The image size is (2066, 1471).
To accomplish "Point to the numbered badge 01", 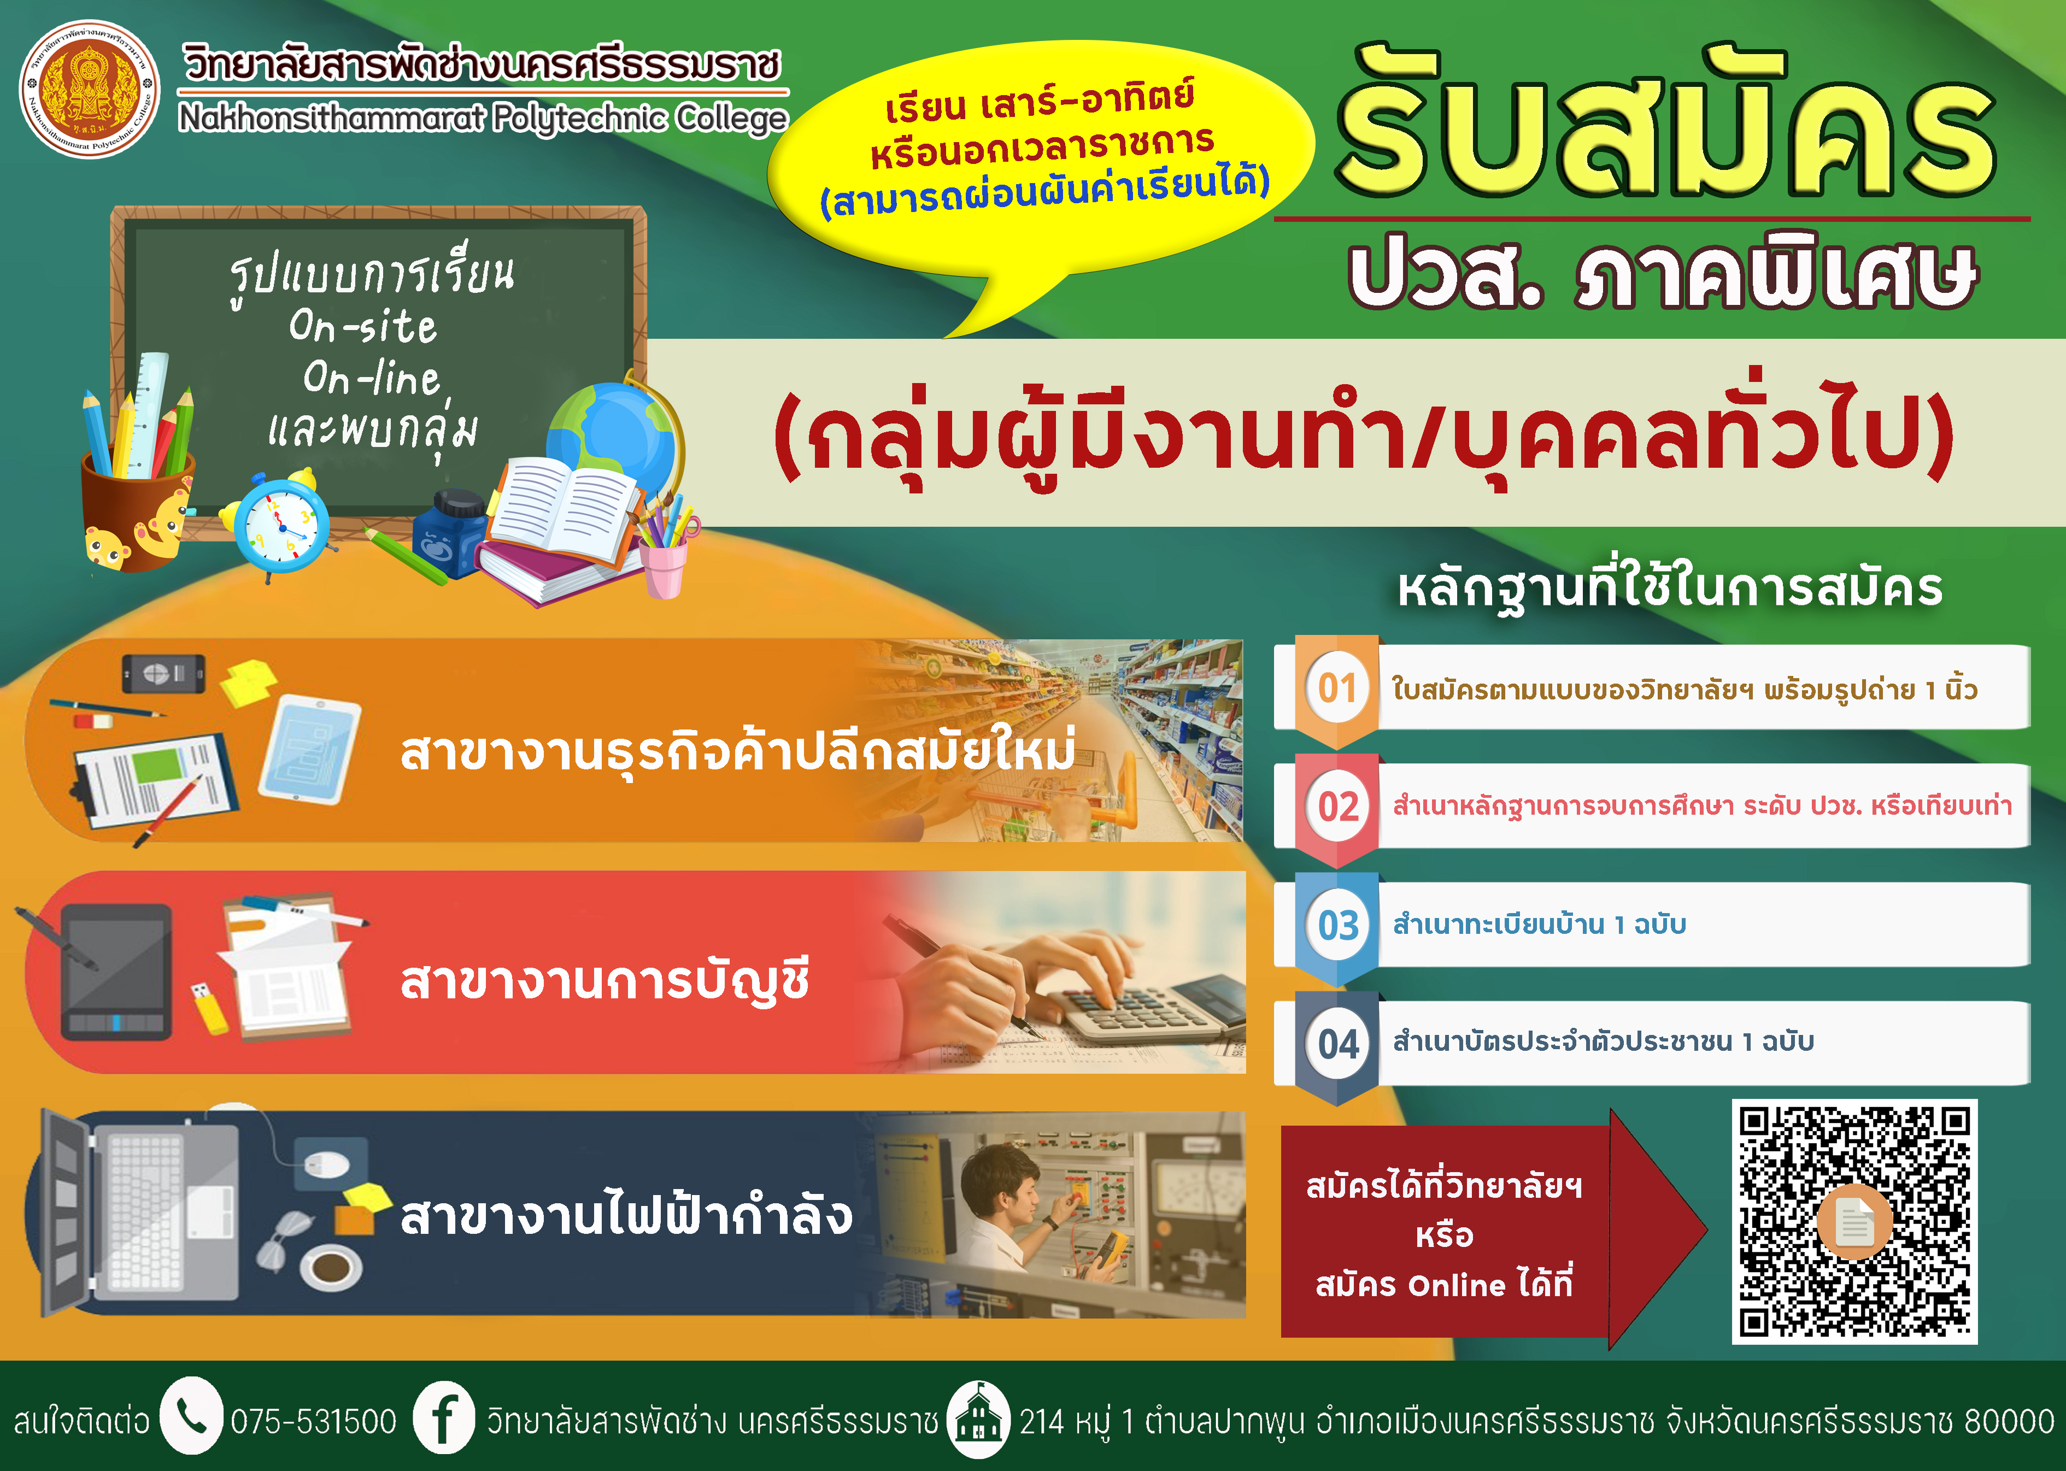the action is pos(1337,689).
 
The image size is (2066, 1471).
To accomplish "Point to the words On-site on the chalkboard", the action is pos(362,326).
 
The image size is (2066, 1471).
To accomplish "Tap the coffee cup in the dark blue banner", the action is pos(331,1266).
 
